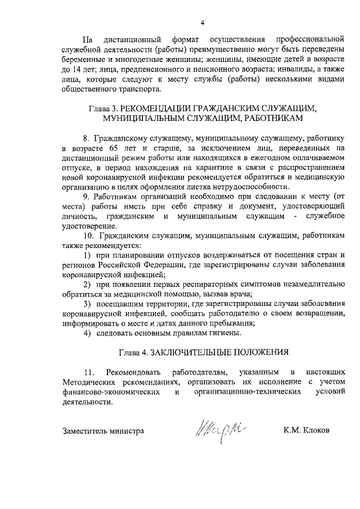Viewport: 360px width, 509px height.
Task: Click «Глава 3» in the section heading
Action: [103, 109]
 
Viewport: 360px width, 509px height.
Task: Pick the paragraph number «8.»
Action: [86, 138]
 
